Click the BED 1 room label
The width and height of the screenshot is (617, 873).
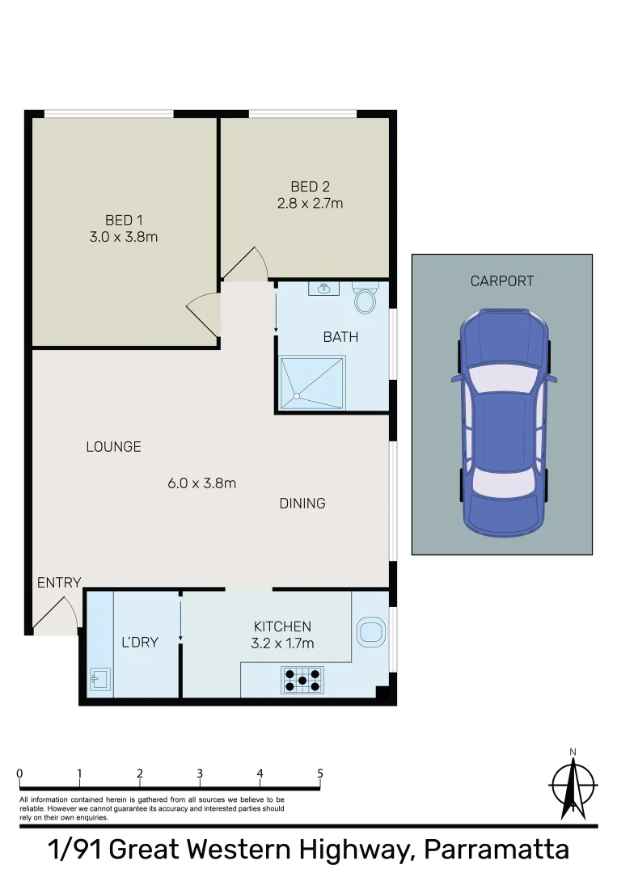point(124,220)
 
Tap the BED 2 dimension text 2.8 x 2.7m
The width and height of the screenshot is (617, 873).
point(311,203)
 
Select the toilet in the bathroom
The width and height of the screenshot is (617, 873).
point(365,297)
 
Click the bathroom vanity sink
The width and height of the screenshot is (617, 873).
point(324,289)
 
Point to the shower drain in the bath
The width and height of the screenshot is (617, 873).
point(297,396)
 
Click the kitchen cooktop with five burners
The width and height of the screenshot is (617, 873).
point(302,680)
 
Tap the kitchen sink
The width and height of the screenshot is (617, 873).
point(370,632)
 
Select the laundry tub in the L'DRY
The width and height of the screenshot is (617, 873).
point(100,679)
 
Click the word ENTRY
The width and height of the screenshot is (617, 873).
point(59,582)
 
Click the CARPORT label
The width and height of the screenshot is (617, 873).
point(502,281)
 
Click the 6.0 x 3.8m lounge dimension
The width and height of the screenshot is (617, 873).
point(201,483)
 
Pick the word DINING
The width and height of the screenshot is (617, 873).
point(302,504)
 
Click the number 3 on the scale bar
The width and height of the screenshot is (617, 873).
point(200,774)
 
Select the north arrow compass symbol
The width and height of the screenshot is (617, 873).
point(573,785)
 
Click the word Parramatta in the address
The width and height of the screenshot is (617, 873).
point(497,850)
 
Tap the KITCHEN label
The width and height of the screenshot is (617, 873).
point(282,626)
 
